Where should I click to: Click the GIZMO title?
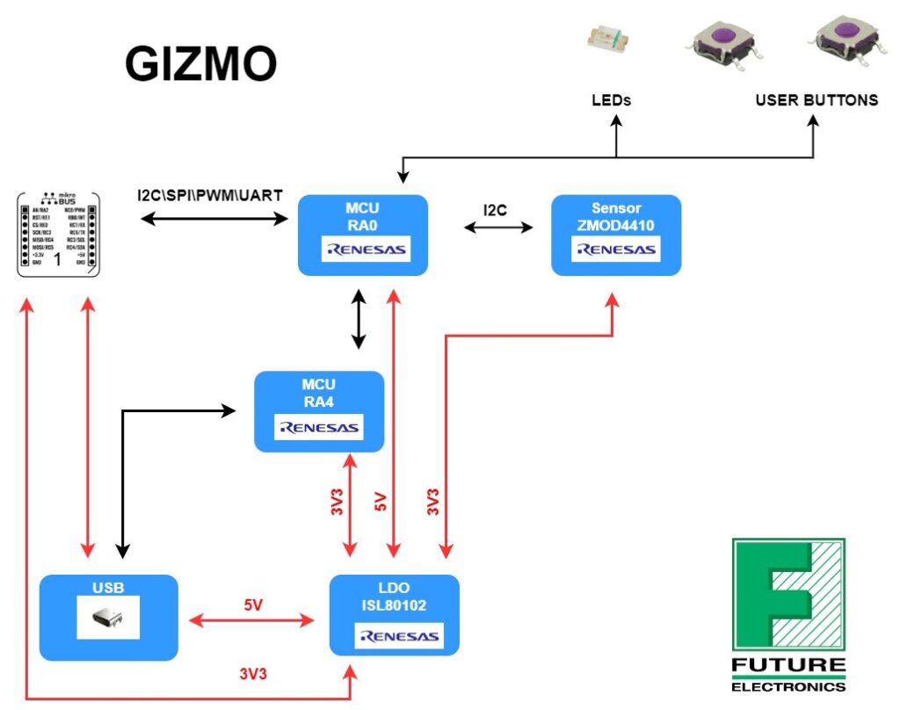coord(200,63)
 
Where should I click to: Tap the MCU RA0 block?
coord(362,235)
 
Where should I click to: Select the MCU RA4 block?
coord(318,411)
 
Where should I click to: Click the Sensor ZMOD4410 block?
coord(615,235)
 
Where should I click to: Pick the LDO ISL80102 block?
coord(394,614)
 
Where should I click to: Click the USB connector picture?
coord(108,618)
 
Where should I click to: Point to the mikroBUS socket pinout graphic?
coord(58,234)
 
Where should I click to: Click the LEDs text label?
coord(611,100)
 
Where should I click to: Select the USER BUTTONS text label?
coord(816,100)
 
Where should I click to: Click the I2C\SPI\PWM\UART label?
coord(209,195)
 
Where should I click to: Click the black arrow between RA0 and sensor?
coord(498,228)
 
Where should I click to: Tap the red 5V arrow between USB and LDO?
coord(253,621)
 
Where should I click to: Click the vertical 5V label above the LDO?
coord(381,503)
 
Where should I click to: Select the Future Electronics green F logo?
coord(788,594)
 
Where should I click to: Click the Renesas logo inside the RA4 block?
coord(318,428)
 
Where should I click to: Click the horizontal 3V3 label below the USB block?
coord(253,674)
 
